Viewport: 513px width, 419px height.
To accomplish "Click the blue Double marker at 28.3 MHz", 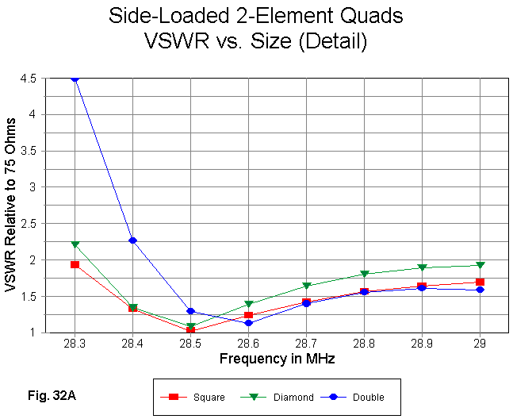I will pos(75,79).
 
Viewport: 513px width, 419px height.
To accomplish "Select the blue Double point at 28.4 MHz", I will pos(133,240).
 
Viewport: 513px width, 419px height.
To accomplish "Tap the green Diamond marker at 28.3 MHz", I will pos(75,244).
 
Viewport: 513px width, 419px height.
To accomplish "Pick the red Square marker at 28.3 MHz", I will pos(75,264).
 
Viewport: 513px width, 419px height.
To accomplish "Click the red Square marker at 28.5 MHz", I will pos(190,330).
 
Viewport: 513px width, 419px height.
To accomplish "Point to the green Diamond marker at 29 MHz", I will pos(480,265).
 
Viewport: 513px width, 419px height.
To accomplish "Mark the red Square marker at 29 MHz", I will pos(480,282).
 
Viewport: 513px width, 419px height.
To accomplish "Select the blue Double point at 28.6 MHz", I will pos(248,323).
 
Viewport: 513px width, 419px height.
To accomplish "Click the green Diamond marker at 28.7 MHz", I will pos(306,286).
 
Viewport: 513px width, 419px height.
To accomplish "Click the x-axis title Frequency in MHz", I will pos(277,359).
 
